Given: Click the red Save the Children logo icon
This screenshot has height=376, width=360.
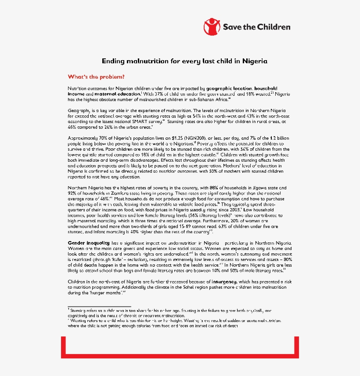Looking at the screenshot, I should tap(212, 27).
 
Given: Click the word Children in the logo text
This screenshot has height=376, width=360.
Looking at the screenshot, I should tap(273, 27).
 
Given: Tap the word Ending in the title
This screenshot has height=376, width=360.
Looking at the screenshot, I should tap(112, 61).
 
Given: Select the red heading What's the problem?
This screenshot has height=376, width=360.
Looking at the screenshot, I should tap(96, 77).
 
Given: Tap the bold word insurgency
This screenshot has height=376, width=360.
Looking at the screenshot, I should tap(224, 282).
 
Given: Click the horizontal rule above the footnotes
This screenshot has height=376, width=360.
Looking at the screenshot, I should tap(99, 306).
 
